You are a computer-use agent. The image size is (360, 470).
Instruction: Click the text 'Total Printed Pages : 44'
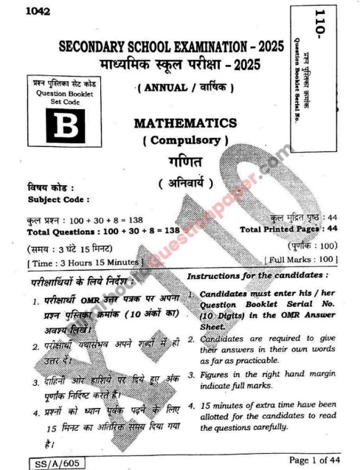pyautogui.click(x=290, y=229)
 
